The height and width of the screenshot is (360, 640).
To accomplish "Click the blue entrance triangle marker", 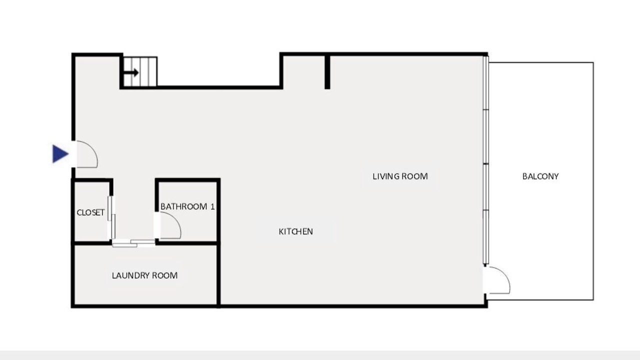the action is [x=60, y=153].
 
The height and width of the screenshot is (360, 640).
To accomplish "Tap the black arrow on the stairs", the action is [x=131, y=72].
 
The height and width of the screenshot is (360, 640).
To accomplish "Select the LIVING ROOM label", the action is [x=400, y=176].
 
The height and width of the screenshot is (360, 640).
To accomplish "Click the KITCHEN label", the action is [x=295, y=231].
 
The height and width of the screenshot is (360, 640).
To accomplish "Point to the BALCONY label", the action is [x=540, y=176].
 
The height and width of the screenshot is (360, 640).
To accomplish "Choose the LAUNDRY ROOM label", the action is [x=144, y=275].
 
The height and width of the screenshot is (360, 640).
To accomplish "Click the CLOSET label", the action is [x=90, y=212].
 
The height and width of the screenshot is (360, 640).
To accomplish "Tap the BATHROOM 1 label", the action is [x=187, y=206].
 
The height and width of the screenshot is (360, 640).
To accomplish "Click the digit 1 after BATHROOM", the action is [x=212, y=206].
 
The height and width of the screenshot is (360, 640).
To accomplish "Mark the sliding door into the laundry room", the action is [x=133, y=243].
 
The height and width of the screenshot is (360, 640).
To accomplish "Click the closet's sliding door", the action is [x=111, y=217].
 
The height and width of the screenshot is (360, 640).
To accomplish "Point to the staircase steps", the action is [x=140, y=71].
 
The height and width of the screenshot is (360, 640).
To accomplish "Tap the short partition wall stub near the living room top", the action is [x=327, y=71].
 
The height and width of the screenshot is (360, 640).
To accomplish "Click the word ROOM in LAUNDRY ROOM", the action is [x=164, y=275].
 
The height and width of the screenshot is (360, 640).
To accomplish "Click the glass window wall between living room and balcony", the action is [x=485, y=160].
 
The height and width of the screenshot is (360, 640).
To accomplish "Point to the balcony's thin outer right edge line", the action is [x=593, y=181].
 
